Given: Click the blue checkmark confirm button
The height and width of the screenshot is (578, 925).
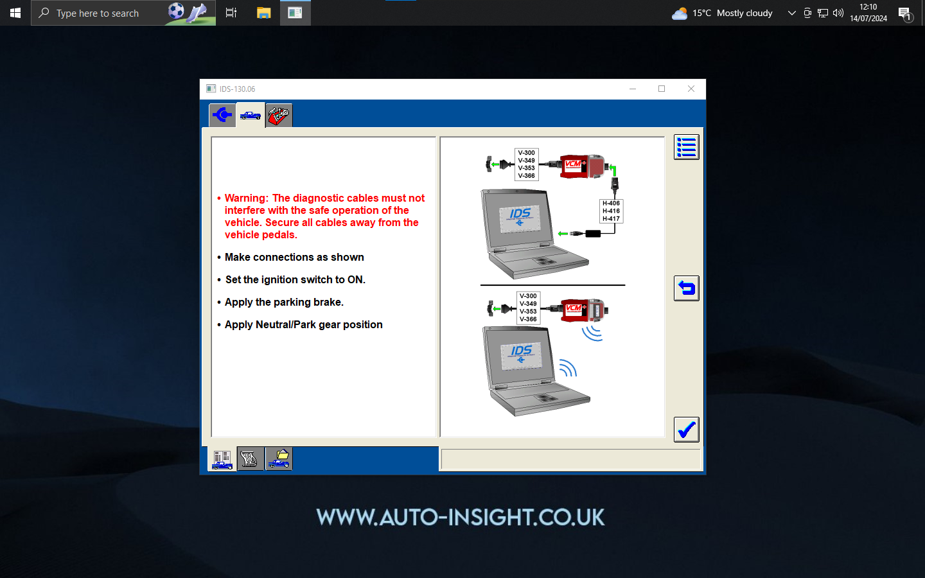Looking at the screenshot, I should click(686, 430).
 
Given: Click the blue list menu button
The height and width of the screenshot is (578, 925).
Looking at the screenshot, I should click(686, 147).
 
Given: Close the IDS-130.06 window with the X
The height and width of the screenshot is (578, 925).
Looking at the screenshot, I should click(691, 89).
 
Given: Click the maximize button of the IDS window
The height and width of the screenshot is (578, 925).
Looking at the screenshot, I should click(661, 89).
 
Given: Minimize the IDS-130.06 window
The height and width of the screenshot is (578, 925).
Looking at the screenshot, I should click(632, 89).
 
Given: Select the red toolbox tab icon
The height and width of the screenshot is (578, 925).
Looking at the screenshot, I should click(279, 116).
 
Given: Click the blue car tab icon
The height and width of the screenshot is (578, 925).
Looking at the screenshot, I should click(251, 116).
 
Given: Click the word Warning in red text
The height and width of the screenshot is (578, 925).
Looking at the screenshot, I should click(246, 198).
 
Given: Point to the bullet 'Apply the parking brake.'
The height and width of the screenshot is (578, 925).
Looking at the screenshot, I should click(284, 302).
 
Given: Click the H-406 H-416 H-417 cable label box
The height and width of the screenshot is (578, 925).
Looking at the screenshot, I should click(611, 211).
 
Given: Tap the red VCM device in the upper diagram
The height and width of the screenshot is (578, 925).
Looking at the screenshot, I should click(581, 166).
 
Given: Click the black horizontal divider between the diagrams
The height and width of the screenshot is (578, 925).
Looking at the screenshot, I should click(552, 285).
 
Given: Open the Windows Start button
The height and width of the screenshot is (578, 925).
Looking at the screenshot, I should click(15, 13).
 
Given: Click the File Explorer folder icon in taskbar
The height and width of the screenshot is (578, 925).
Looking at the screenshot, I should click(263, 13).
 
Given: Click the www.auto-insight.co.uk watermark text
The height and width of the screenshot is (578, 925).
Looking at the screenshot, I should click(461, 518).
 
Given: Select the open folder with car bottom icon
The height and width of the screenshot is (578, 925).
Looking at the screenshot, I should click(279, 459).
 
